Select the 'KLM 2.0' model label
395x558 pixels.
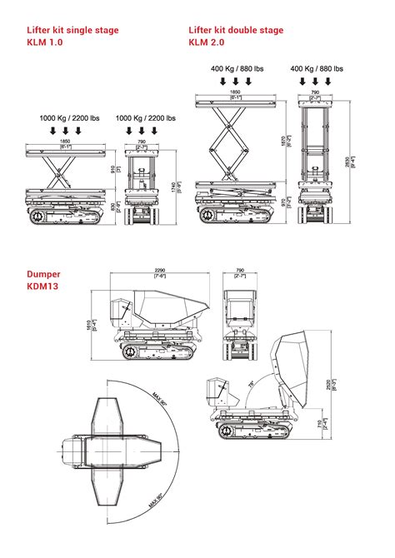(207, 42)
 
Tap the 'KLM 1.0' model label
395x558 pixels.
(45, 42)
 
